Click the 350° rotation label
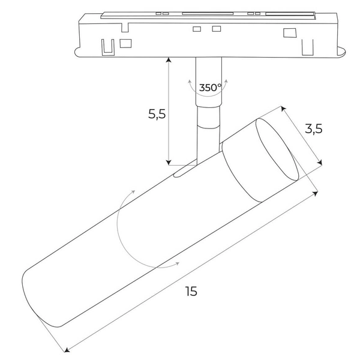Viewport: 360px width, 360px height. click(x=210, y=88)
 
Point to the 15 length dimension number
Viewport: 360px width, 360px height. click(x=191, y=292)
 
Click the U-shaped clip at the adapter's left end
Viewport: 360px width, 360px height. click(x=108, y=46)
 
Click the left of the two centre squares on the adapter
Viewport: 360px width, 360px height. click(x=196, y=29)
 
